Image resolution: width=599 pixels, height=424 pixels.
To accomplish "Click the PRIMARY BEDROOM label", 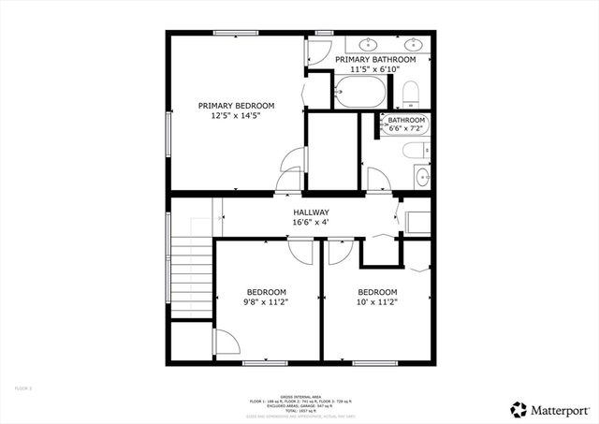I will coord(235,106).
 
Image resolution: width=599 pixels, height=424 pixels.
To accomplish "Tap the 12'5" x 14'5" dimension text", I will coord(235,117).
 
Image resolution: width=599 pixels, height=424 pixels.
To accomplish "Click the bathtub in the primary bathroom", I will coord(358,92).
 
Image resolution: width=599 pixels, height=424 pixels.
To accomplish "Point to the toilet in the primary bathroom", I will coord(409,93).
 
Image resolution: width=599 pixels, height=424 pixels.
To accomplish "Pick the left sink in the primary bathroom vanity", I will coord(369,43).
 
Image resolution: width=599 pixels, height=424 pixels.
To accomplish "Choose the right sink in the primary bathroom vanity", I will coord(412,43).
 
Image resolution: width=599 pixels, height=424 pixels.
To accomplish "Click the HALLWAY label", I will coord(311,212).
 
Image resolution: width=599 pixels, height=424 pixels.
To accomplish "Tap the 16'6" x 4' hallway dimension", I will coord(311,223).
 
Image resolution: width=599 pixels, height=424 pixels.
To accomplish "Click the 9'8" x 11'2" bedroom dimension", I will coord(267,302).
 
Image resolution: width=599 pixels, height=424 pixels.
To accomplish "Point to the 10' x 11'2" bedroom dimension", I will coord(377,302).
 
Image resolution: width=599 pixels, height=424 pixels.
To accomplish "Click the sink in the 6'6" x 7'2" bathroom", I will coord(424,175).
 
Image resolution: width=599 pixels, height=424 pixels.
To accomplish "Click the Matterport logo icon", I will coord(518,409).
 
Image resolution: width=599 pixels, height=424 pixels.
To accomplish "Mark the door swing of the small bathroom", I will coord(377,179).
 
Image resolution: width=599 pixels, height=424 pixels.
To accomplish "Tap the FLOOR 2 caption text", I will coord(23,387).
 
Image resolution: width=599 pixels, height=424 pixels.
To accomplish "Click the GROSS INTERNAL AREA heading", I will coord(300,395).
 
